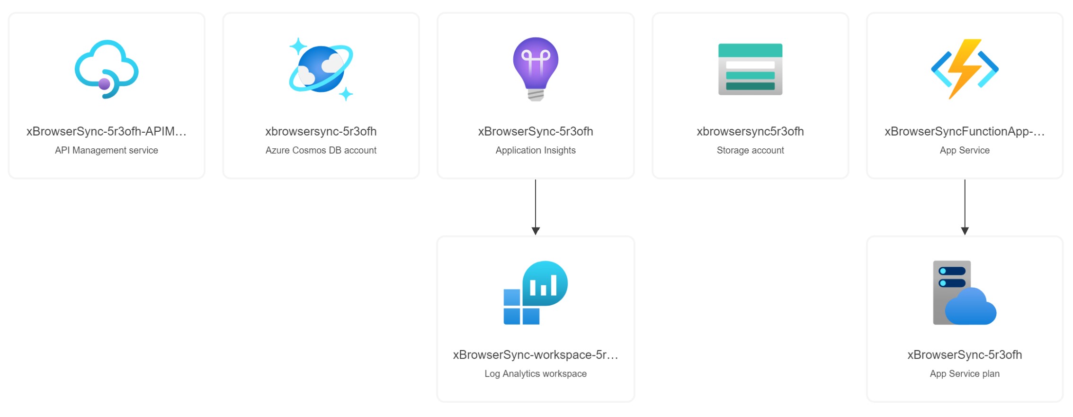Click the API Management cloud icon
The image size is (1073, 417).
[x=107, y=69]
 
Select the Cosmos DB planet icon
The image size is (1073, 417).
[x=321, y=69]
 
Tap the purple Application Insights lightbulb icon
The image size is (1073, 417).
[x=536, y=69]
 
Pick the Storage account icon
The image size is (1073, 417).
[x=750, y=69]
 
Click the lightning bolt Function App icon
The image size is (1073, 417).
[x=965, y=69]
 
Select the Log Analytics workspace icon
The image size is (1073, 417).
[x=536, y=293]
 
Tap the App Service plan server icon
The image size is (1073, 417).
[x=965, y=293]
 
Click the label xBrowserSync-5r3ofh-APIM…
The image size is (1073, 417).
[x=107, y=131]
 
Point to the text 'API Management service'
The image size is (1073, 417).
[x=107, y=150]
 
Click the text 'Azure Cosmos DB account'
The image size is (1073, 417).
[x=321, y=150]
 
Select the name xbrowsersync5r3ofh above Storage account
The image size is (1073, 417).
[x=750, y=131]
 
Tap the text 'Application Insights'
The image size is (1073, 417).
[x=536, y=150]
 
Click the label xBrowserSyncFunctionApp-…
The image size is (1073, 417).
[x=965, y=131]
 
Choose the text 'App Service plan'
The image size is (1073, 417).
[x=965, y=374]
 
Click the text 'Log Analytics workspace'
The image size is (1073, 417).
[x=536, y=374]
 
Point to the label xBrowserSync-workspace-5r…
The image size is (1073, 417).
[x=536, y=355]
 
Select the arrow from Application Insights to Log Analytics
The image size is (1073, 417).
[x=536, y=207]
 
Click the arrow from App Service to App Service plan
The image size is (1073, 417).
[x=965, y=207]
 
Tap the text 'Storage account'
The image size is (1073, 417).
[x=750, y=150]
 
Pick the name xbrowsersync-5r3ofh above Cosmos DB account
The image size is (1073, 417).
[x=321, y=131]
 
